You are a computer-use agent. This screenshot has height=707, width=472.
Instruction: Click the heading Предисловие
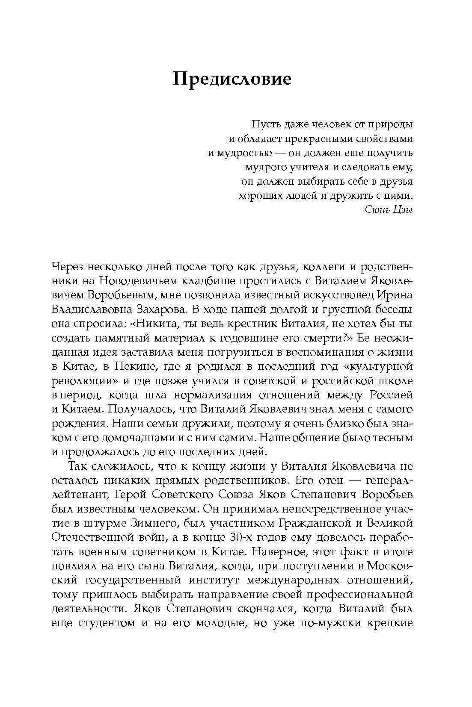click(232, 80)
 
